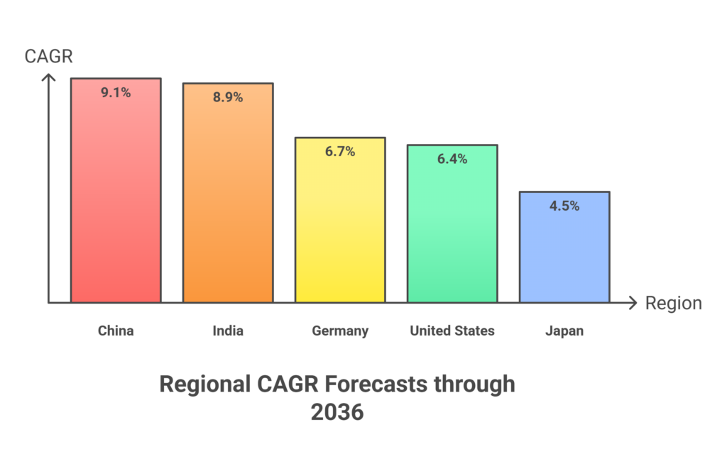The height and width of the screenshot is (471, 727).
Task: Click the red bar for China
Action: pyautogui.click(x=116, y=199)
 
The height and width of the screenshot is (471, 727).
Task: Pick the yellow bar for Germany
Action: pyautogui.click(x=340, y=227)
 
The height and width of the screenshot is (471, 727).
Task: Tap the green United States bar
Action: pyautogui.click(x=452, y=231)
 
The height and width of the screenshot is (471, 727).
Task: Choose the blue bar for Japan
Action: pyautogui.click(x=564, y=255)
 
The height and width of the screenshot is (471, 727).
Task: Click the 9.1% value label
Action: pyautogui.click(x=116, y=92)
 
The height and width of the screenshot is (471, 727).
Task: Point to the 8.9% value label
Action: pyautogui.click(x=228, y=97)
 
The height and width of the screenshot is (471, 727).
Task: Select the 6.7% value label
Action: pyautogui.click(x=340, y=151)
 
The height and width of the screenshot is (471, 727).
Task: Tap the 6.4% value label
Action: pyautogui.click(x=452, y=159)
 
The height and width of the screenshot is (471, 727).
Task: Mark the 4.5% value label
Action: pyautogui.click(x=564, y=206)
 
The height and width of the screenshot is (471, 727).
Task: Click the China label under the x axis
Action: pyautogui.click(x=116, y=331)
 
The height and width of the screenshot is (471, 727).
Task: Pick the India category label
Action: pyautogui.click(x=228, y=331)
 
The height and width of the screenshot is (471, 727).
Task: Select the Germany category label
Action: pyautogui.click(x=340, y=331)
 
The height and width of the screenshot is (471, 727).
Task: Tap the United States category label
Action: pyautogui.click(x=452, y=331)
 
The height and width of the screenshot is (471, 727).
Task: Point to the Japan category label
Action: pyautogui.click(x=564, y=331)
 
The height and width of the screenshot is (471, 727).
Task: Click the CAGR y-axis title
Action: pyautogui.click(x=49, y=57)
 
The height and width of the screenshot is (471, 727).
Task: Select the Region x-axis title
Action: pyautogui.click(x=673, y=304)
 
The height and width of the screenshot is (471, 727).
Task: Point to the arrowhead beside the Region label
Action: pyautogui.click(x=632, y=304)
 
